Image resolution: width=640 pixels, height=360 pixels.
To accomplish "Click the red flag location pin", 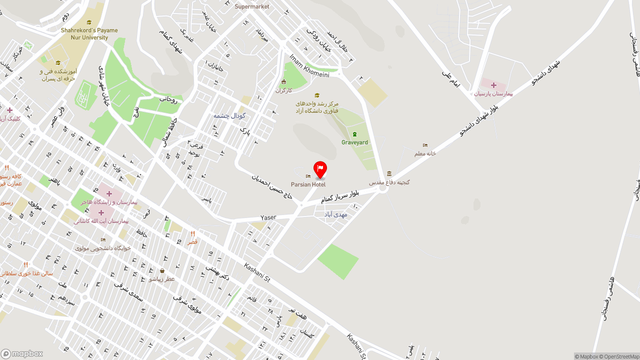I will [x=320, y=169].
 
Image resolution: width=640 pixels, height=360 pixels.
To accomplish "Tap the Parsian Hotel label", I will [x=308, y=184].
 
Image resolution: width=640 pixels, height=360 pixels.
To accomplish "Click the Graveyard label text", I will [x=354, y=142].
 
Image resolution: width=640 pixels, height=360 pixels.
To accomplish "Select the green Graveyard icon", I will [x=354, y=134].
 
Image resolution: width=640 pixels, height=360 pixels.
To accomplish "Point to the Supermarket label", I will [x=252, y=6].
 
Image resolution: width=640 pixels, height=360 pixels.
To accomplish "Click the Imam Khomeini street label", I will [x=309, y=66].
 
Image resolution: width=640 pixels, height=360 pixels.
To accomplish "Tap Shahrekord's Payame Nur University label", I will [x=89, y=33].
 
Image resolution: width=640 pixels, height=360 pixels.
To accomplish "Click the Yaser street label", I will [x=268, y=217].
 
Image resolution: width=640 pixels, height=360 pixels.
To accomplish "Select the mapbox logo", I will [x=21, y=353].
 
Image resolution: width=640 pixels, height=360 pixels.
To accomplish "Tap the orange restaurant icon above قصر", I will [x=192, y=233].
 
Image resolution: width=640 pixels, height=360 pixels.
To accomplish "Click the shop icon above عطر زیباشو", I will [x=162, y=271].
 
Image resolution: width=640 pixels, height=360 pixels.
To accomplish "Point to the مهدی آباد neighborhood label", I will [x=335, y=214].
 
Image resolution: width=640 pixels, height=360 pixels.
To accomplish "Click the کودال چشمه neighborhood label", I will [x=229, y=115].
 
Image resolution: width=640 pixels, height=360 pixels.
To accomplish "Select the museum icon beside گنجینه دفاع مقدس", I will [x=389, y=173].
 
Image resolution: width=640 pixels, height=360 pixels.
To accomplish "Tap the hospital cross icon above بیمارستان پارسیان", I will [x=493, y=85].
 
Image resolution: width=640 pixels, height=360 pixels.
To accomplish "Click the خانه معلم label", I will [x=425, y=153].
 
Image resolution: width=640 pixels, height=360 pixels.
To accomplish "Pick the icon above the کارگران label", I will [x=284, y=82].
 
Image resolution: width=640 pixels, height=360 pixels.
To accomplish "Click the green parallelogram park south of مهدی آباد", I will [x=338, y=261].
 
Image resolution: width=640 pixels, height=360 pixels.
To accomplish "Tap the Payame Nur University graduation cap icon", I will [x=89, y=22].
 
